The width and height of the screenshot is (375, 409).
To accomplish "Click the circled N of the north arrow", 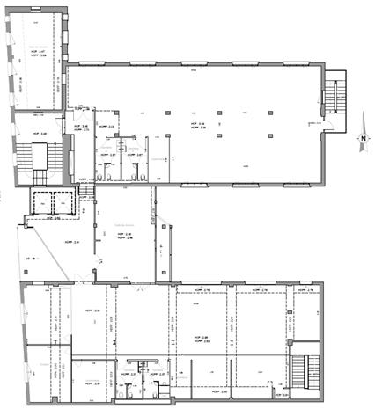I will click(361, 139).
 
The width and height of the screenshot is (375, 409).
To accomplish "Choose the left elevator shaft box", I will click(42, 202).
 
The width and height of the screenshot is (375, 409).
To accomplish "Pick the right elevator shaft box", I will click(62, 202).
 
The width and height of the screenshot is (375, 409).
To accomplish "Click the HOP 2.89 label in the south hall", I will click(200, 338).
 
